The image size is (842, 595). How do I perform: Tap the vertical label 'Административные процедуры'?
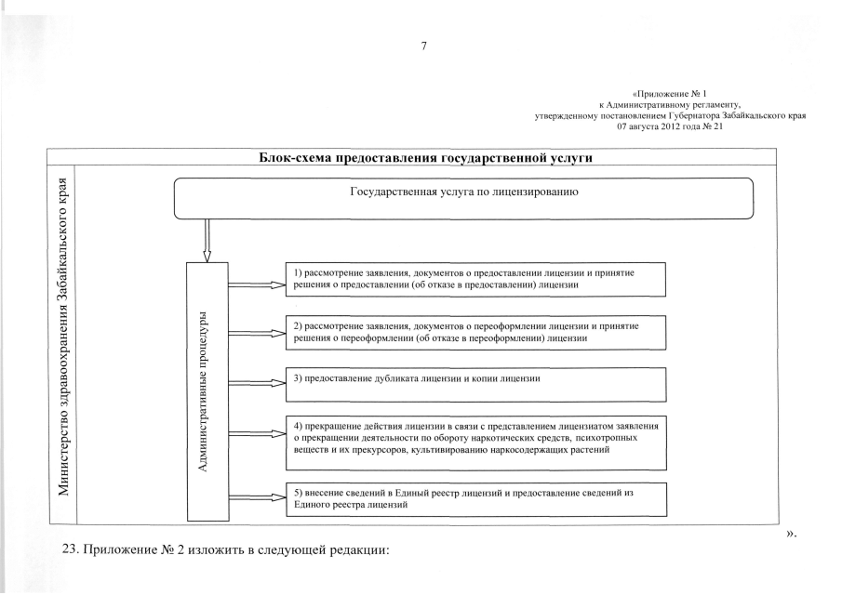pyautogui.click(x=205, y=390)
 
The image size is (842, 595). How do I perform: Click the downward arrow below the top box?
pyautogui.click(x=207, y=241)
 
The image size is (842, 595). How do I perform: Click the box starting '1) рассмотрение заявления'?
pyautogui.click(x=475, y=278)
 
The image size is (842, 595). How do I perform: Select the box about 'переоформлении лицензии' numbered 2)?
pyautogui.click(x=475, y=332)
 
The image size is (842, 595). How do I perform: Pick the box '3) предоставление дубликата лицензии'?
pyautogui.click(x=475, y=382)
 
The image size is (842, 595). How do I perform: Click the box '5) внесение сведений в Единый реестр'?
pyautogui.click(x=475, y=498)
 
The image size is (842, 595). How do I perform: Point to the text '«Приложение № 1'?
pyautogui.click(x=670, y=94)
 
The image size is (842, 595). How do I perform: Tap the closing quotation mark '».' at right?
pyautogui.click(x=791, y=533)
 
